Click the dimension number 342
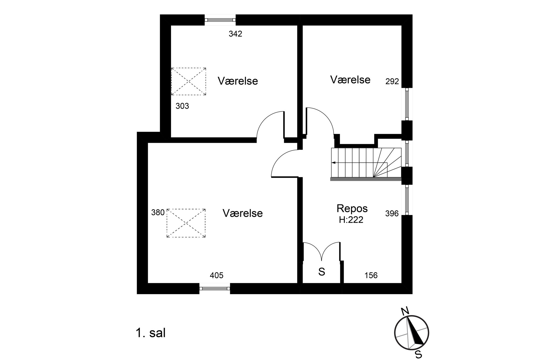pyautogui.click(x=235, y=34)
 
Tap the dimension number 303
pyautogui.click(x=182, y=106)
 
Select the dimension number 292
pyautogui.click(x=392, y=82)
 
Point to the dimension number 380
pyautogui.click(x=158, y=213)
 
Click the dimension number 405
pyautogui.click(x=216, y=275)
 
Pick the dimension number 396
pyautogui.click(x=392, y=214)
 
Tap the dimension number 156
pyautogui.click(x=371, y=275)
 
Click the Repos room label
pyautogui.click(x=352, y=209)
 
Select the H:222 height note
pyautogui.click(x=351, y=220)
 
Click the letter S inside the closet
pyautogui.click(x=322, y=272)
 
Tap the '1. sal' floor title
pyautogui.click(x=151, y=333)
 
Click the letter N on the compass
pyautogui.click(x=405, y=311)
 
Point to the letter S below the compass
pyautogui.click(x=418, y=355)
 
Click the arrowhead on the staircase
pyautogui.click(x=333, y=163)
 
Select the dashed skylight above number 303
pyautogui.click(x=188, y=81)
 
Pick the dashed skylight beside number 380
pyautogui.click(x=186, y=223)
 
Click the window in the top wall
pyautogui.click(x=220, y=20)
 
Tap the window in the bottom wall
pyautogui.click(x=215, y=288)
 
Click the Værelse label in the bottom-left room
pyautogui.click(x=243, y=213)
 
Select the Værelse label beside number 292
pyautogui.click(x=350, y=80)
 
